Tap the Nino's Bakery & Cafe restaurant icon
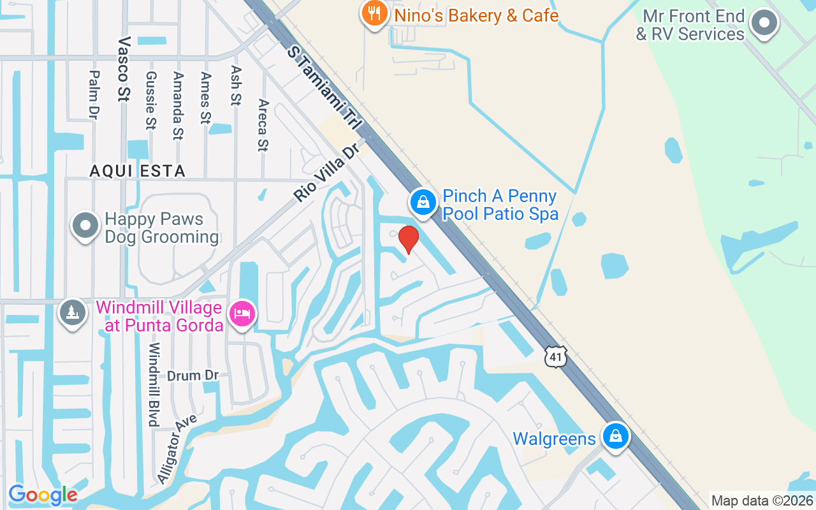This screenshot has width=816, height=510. [x=374, y=13]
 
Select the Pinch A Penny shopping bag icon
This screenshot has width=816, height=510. [x=422, y=203]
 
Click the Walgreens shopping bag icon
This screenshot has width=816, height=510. [x=615, y=437]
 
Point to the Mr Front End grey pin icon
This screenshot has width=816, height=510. [x=763, y=24]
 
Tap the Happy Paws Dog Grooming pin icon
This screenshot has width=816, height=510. [x=85, y=226]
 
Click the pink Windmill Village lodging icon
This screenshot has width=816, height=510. [x=242, y=314]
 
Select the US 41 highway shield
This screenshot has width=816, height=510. [x=556, y=356]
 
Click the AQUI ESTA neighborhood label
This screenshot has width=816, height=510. [x=138, y=171]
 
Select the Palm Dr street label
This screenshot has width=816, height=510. [x=94, y=94]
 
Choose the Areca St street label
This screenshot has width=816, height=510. [x=263, y=125]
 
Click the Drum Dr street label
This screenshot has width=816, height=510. [x=193, y=375]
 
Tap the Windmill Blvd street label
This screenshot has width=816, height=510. [x=154, y=384]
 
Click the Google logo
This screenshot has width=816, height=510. [x=43, y=495]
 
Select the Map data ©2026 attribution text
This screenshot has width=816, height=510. [x=762, y=501]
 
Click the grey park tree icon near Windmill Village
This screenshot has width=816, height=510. [x=73, y=313]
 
